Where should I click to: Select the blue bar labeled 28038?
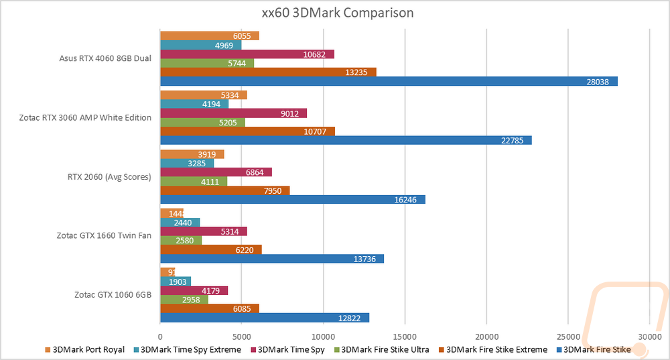pos(389,81)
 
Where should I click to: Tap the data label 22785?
pos(514,140)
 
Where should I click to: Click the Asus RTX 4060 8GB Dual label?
pos(105,58)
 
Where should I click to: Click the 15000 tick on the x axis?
pos(405,336)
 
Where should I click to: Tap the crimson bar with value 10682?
pos(247,54)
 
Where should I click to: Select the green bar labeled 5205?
pos(202,122)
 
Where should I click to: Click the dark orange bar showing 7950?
pos(224,190)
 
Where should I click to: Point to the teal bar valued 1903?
pos(176,281)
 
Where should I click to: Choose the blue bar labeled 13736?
pos(272,258)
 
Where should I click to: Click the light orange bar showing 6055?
pos(210,36)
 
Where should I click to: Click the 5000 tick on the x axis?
pos(242,336)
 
